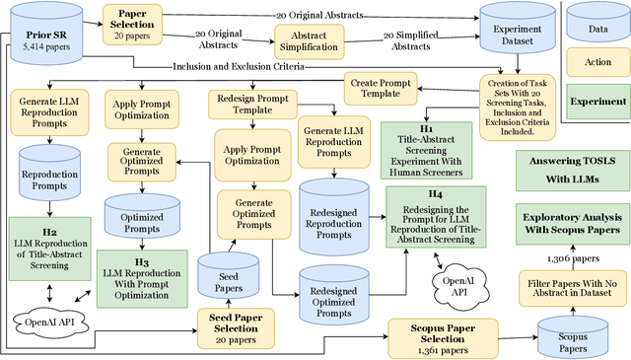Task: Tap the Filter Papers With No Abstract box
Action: click(x=574, y=288)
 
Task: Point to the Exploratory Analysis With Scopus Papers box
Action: click(x=574, y=222)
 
